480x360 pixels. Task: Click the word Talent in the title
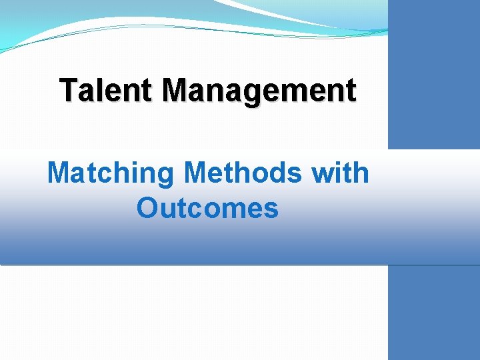coord(107,90)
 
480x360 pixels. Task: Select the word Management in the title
coord(259,91)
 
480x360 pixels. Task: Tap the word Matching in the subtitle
coord(110,173)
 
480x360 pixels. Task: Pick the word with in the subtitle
coord(340,173)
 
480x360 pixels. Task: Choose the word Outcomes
coord(207,208)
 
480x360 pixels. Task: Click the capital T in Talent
coord(69,90)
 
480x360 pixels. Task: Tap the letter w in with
coord(323,175)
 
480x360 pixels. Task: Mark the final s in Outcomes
coord(271,210)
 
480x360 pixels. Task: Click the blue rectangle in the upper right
coord(433,73)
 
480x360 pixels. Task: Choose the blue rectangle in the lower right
coord(433,313)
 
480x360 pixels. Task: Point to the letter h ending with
coord(360,173)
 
